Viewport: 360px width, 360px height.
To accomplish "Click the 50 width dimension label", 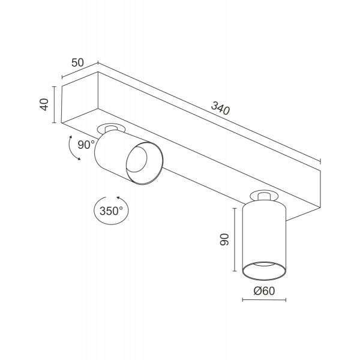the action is pyautogui.click(x=77, y=62).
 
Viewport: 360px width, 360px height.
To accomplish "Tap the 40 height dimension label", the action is pyautogui.click(x=44, y=104).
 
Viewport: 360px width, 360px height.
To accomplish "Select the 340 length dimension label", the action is pyautogui.click(x=220, y=108).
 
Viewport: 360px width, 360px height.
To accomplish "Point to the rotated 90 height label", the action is pyautogui.click(x=224, y=239).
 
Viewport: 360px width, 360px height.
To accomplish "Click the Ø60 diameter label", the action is pyautogui.click(x=264, y=291).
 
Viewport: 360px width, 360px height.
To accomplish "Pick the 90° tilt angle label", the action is pyautogui.click(x=86, y=145).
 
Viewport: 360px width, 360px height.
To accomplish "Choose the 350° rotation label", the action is pyautogui.click(x=111, y=211).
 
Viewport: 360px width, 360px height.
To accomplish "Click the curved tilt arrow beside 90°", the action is pyautogui.click(x=73, y=149).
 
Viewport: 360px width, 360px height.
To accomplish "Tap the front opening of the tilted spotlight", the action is pyautogui.click(x=145, y=163).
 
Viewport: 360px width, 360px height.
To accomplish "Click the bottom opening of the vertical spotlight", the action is pyautogui.click(x=264, y=271).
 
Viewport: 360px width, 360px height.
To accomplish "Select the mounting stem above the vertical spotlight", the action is pyautogui.click(x=264, y=197).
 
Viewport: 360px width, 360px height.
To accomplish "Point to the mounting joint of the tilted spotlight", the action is pyautogui.click(x=112, y=128).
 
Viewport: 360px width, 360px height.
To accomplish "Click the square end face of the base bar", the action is pyautogui.click(x=80, y=97).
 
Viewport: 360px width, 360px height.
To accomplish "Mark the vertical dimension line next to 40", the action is pyautogui.click(x=54, y=104).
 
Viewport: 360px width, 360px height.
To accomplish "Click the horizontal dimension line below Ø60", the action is pyautogui.click(x=264, y=300).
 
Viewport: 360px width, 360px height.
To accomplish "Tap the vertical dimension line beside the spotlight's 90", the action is pyautogui.click(x=235, y=239).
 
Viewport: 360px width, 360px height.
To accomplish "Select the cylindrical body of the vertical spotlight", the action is pyautogui.click(x=264, y=239).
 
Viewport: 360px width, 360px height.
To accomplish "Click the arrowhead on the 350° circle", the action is pyautogui.click(x=118, y=197).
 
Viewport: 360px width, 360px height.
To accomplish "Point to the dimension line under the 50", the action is pyautogui.click(x=80, y=70).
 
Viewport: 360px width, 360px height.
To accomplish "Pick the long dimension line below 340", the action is pyautogui.click(x=209, y=112).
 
